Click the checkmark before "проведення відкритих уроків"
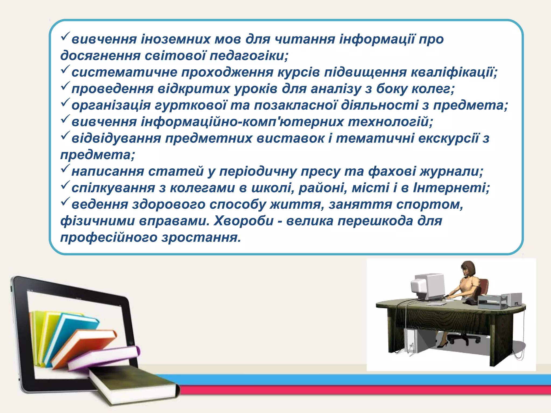(65, 86)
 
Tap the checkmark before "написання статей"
(65, 169)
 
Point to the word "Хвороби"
(243, 221)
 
